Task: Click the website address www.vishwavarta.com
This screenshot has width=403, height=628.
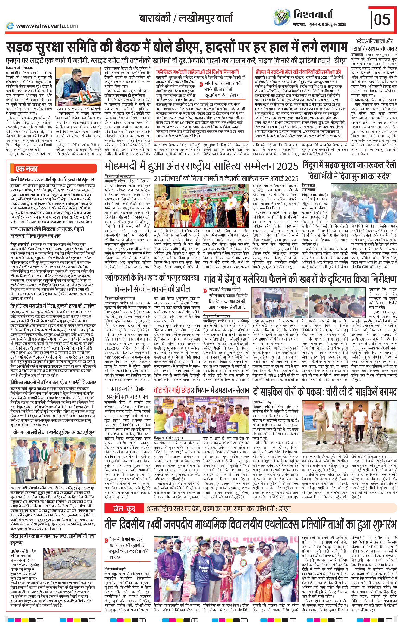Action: click(47, 26)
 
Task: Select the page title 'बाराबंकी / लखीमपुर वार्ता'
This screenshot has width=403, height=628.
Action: click(186, 18)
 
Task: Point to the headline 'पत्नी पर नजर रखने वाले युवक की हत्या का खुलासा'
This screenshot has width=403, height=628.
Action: click(53, 180)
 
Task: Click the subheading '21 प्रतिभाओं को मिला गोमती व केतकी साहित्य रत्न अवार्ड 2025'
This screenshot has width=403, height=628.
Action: click(226, 178)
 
